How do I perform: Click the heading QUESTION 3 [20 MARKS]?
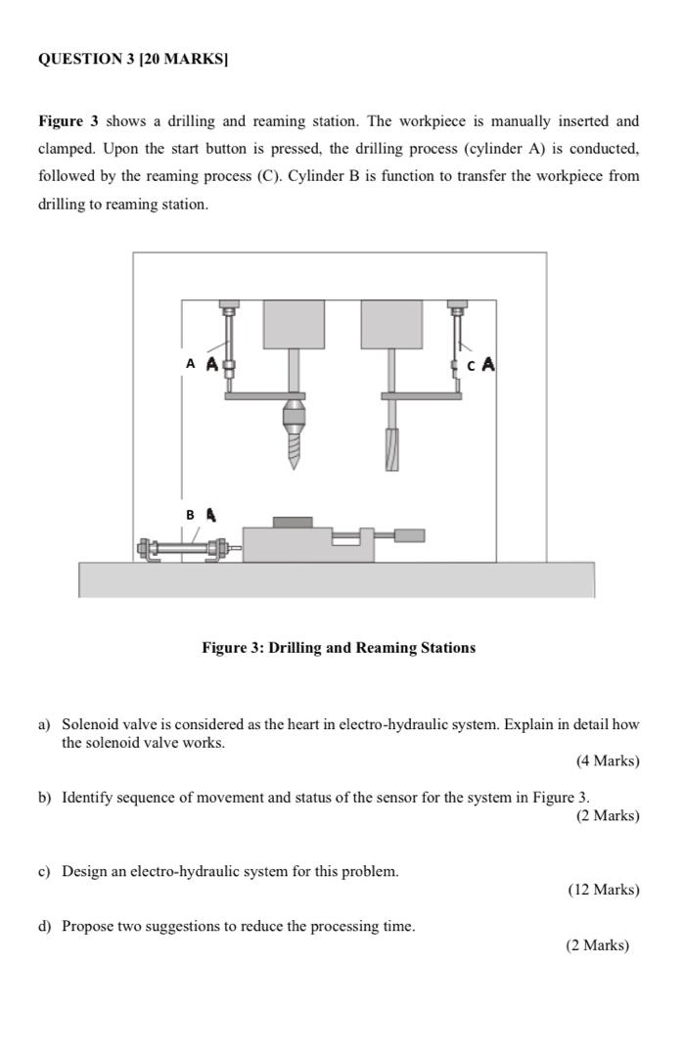point(132,59)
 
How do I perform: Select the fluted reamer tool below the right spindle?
point(391,449)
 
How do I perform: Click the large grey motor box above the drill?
point(294,324)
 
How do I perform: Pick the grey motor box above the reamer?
point(391,324)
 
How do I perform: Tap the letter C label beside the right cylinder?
point(472,365)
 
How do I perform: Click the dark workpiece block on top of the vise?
point(293,522)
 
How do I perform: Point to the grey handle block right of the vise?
point(410,535)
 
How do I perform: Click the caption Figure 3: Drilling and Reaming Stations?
point(339,648)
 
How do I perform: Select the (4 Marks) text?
point(608,760)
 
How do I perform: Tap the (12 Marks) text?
point(604,890)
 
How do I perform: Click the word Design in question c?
point(84,871)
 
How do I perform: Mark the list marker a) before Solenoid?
point(44,725)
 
